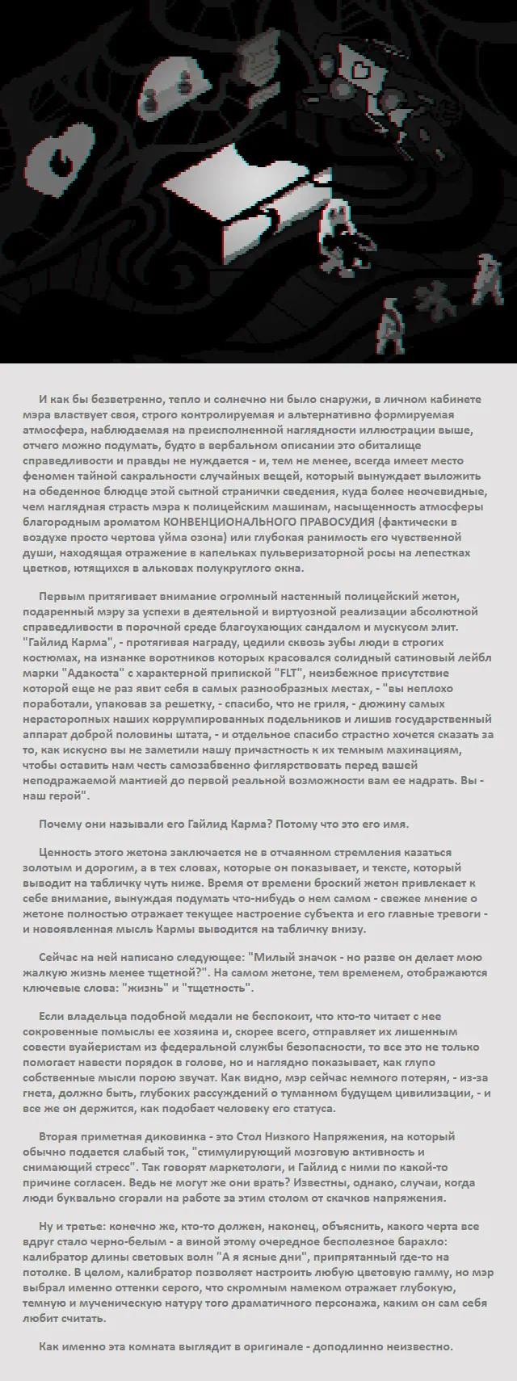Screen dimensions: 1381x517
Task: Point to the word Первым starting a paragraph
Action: pos(57,596)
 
